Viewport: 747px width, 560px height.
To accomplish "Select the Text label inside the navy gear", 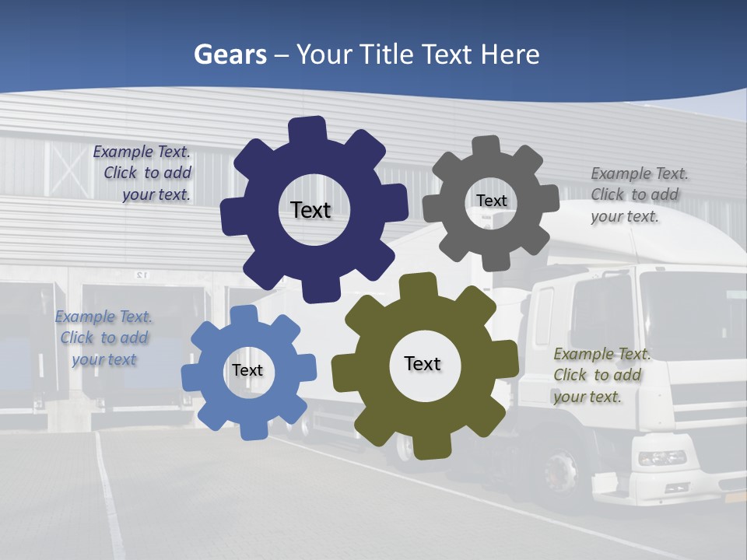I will coord(310,210).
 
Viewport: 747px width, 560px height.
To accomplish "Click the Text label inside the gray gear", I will coord(491,201).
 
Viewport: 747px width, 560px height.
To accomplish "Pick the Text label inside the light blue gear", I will coord(247,371).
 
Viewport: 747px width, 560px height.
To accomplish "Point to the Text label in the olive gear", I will coord(423,364).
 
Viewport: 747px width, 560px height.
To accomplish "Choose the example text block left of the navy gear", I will coord(143,173).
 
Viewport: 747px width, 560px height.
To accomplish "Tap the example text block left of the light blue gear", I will coord(103,338).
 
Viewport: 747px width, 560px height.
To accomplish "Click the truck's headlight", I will coord(662,458).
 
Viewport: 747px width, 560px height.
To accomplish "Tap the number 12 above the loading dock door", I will coord(141,275).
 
